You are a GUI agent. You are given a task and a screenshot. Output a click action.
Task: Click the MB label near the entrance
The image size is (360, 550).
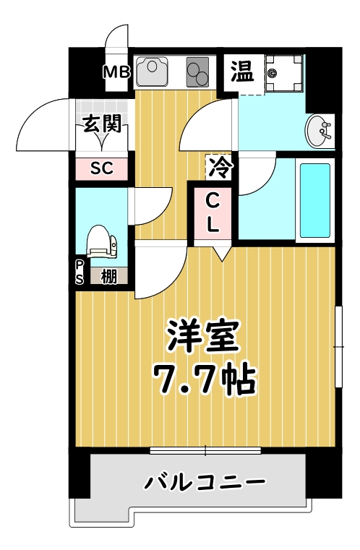pyautogui.click(x=116, y=72)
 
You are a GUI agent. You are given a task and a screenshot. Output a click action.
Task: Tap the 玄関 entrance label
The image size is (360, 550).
pyautogui.click(x=101, y=124)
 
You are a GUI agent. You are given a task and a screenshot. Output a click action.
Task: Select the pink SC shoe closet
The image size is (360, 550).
pyautogui.click(x=102, y=168)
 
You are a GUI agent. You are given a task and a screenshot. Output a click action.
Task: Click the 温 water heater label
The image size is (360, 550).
pyautogui.click(x=241, y=71)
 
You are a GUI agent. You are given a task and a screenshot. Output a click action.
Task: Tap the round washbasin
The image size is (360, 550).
pyautogui.click(x=317, y=130)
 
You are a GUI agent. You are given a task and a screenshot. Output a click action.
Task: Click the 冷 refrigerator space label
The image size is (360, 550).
pyautogui.click(x=220, y=168)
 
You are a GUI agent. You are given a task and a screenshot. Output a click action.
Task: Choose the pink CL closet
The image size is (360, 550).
pyautogui.click(x=213, y=212)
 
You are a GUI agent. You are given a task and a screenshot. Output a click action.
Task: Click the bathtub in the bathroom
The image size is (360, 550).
pyautogui.click(x=314, y=200)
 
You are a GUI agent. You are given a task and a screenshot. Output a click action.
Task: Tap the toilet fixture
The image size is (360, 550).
pyautogui.click(x=100, y=241)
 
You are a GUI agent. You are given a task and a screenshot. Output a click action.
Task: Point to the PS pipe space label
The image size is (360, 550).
pyautogui.click(x=80, y=274)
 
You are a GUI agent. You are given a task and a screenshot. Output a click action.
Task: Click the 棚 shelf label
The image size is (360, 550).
pyautogui.click(x=109, y=275)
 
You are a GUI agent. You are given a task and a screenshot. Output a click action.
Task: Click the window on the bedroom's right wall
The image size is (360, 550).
pyautogui.click(x=338, y=347)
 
